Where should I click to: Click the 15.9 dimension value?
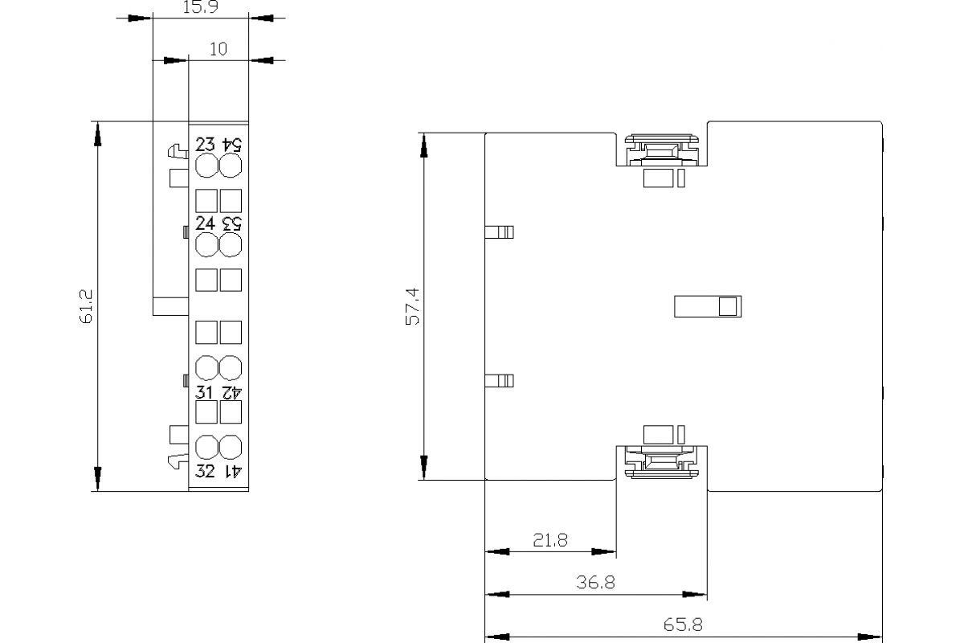[200, 8]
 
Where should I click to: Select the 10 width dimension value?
[218, 49]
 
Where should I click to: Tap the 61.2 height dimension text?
[87, 306]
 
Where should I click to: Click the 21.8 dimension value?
[549, 540]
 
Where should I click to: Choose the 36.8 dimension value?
[595, 583]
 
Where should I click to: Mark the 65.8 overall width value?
[683, 625]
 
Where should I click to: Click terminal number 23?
[206, 145]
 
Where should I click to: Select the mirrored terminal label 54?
[231, 145]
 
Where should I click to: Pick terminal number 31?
[206, 392]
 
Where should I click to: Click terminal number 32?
[206, 471]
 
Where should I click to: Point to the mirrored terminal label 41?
[231, 471]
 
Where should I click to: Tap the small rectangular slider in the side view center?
[707, 306]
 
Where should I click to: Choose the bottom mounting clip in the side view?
[661, 462]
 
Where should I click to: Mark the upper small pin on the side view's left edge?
[500, 232]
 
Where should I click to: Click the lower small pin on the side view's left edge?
[500, 380]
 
